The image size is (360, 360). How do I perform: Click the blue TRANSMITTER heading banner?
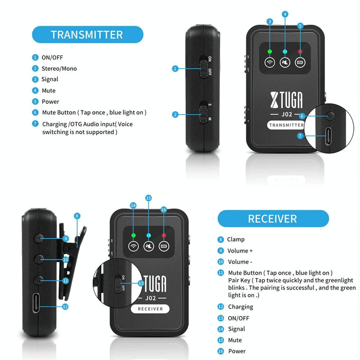point(87,34)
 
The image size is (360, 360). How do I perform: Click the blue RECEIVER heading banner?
point(273,218)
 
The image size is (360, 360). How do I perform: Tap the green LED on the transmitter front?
point(269,51)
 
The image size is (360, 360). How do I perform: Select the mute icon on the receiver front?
point(148,246)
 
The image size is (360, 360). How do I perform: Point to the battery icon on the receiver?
point(164,246)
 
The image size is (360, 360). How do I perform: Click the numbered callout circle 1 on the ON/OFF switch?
point(175,68)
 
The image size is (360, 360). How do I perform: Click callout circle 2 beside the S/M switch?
point(175,114)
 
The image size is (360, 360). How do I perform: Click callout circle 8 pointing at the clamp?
point(77,217)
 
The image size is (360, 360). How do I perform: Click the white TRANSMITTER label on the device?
point(286,125)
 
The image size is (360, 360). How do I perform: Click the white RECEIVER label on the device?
point(150,309)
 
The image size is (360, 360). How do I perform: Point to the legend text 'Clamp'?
point(236,239)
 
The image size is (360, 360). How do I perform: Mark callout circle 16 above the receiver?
point(164,210)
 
